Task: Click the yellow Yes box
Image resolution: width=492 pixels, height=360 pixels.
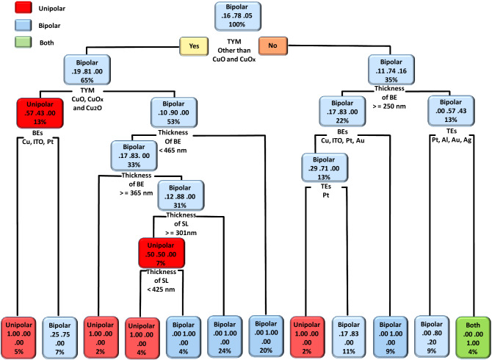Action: (x=195, y=46)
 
